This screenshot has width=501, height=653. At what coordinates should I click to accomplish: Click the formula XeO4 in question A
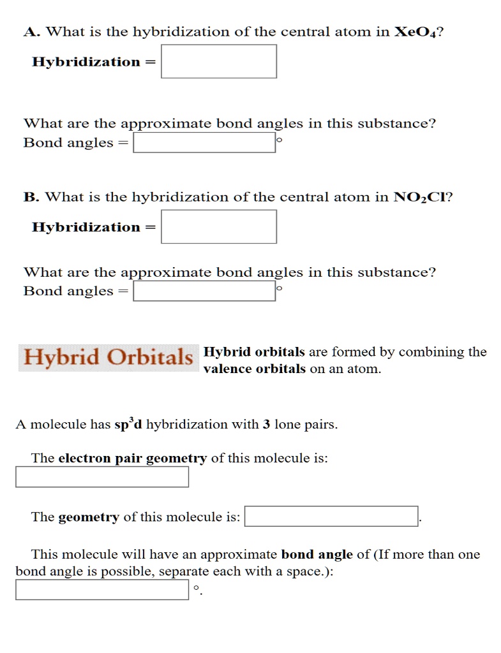pyautogui.click(x=415, y=32)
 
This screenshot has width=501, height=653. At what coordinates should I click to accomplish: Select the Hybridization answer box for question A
pyautogui.click(x=218, y=61)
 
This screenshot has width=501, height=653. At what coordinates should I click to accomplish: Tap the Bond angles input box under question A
pyautogui.click(x=204, y=143)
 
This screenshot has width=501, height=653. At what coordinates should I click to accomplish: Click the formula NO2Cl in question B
pyautogui.click(x=421, y=197)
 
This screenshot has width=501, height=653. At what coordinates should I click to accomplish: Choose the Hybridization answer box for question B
pyautogui.click(x=218, y=227)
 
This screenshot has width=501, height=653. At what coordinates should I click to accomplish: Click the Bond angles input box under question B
pyautogui.click(x=204, y=291)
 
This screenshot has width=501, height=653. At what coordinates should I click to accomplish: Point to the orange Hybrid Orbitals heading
pyautogui.click(x=108, y=358)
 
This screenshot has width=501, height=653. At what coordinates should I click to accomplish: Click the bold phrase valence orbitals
pyautogui.click(x=255, y=369)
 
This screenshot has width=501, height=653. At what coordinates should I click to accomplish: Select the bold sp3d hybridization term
pyautogui.click(x=128, y=425)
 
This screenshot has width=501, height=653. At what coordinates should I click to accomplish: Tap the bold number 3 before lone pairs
pyautogui.click(x=266, y=425)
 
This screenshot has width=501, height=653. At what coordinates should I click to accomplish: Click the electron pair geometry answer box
pyautogui.click(x=102, y=477)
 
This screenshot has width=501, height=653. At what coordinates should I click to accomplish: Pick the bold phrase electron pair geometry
pyautogui.click(x=133, y=459)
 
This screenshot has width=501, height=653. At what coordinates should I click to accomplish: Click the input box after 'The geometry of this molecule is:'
pyautogui.click(x=331, y=517)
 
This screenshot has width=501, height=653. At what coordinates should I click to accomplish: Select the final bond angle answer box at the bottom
pyautogui.click(x=102, y=589)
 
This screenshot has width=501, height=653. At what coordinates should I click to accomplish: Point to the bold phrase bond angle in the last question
pyautogui.click(x=317, y=555)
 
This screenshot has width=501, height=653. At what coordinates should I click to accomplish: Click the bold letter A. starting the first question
pyautogui.click(x=30, y=32)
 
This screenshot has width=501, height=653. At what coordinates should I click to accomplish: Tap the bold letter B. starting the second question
pyautogui.click(x=30, y=197)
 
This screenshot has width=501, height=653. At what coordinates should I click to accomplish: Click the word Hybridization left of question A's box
pyautogui.click(x=86, y=62)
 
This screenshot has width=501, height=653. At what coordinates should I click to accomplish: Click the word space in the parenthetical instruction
pyautogui.click(x=305, y=571)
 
